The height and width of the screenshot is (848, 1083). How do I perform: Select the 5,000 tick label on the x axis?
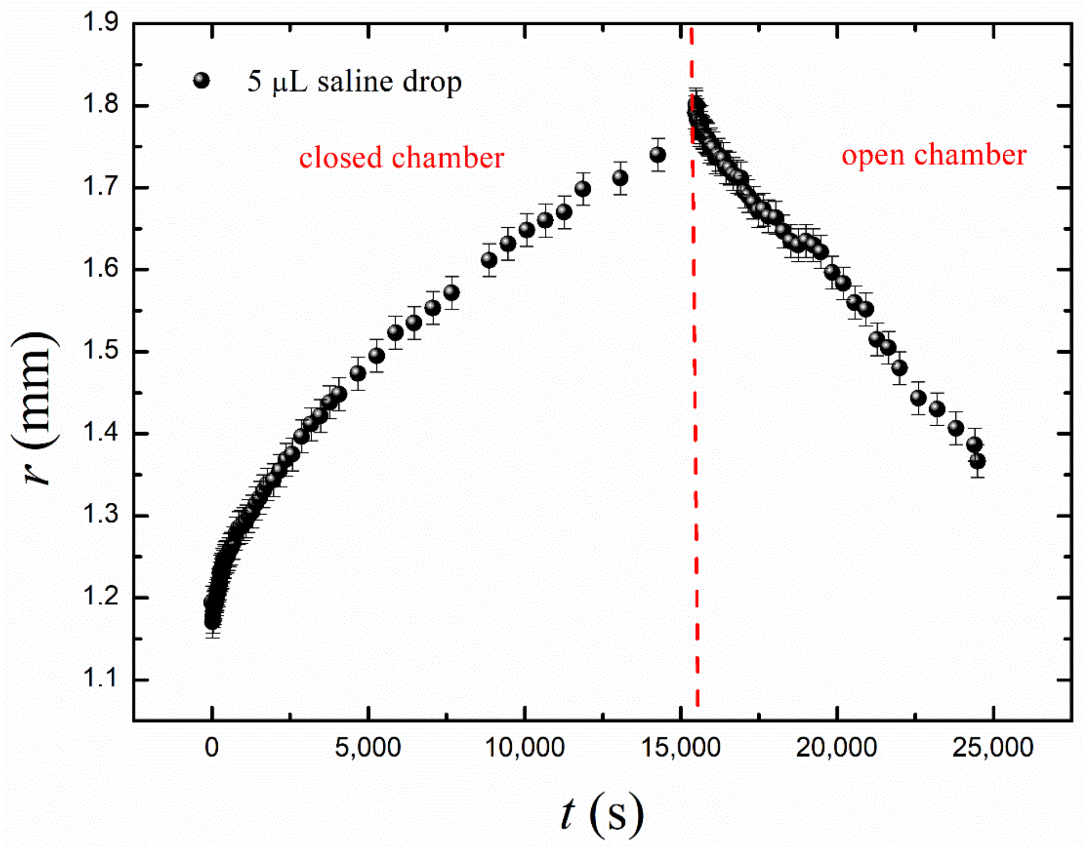pyautogui.click(x=368, y=748)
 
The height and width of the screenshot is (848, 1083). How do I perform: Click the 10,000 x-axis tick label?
pyautogui.click(x=524, y=748)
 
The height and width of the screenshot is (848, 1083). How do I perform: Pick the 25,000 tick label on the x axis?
pyautogui.click(x=993, y=748)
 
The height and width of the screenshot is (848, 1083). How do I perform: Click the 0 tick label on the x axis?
pyautogui.click(x=212, y=748)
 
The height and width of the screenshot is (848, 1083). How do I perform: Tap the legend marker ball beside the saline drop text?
pyautogui.click(x=202, y=81)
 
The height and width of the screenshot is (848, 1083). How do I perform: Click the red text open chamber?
pyautogui.click(x=933, y=155)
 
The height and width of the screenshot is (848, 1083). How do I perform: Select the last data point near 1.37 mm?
pyautogui.click(x=977, y=461)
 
